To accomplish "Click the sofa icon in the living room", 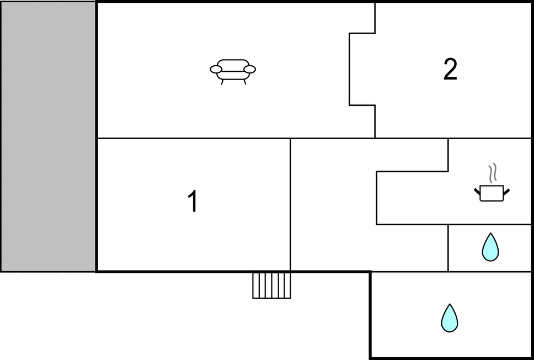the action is pyautogui.click(x=233, y=72).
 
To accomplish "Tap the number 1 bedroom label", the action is pyautogui.click(x=193, y=201).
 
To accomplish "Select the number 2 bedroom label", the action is pyautogui.click(x=450, y=69).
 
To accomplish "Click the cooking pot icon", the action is pyautogui.click(x=492, y=193).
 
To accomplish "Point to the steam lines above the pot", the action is pyautogui.click(x=493, y=172).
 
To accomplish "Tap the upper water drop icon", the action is pyautogui.click(x=490, y=247).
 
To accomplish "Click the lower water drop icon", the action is pyautogui.click(x=450, y=318).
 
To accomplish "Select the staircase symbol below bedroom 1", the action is pyautogui.click(x=271, y=285).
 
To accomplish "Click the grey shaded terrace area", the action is pyautogui.click(x=48, y=136).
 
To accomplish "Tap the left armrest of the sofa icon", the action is pyautogui.click(x=216, y=70).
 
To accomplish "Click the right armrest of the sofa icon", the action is pyautogui.click(x=250, y=70).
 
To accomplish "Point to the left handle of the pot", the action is pyautogui.click(x=477, y=192).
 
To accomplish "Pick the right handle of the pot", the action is pyautogui.click(x=506, y=192).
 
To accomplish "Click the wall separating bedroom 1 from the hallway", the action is pyautogui.click(x=291, y=205).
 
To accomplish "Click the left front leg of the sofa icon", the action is pyautogui.click(x=222, y=82).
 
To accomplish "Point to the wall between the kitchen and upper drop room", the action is pyautogui.click(x=490, y=225).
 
